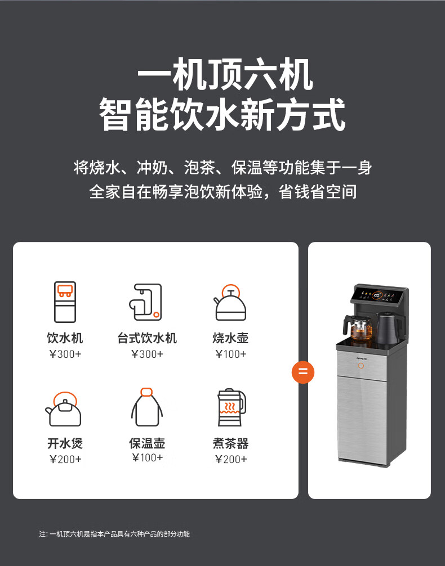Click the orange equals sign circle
303,372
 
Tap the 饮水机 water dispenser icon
65,302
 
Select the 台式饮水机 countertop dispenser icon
145,302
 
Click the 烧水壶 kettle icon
230,303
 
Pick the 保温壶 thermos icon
147,407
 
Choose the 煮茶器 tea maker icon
232,407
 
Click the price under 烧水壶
230,354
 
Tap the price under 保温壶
148,458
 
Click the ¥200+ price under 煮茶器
231,459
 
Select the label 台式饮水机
147,338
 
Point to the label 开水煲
65,443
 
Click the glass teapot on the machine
358,327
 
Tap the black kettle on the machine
389,328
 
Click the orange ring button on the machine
361,366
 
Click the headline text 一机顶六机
225,75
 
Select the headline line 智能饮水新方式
222,115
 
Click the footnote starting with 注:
114,534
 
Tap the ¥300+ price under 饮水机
65,354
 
